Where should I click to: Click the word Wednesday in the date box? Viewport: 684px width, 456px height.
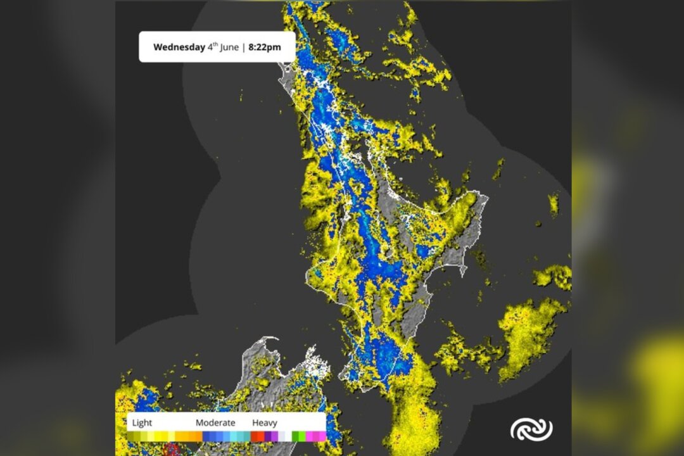pos(179,47)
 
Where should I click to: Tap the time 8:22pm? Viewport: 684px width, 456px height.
pos(265,47)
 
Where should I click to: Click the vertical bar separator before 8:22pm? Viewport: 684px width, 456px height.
pos(243,47)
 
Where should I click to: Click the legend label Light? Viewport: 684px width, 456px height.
pos(142,422)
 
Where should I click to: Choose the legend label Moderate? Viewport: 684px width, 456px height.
pos(215,422)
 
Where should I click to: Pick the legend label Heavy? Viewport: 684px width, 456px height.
pos(265,422)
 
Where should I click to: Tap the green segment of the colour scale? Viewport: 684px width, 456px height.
pos(296,436)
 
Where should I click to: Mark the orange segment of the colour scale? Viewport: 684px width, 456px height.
pos(187,436)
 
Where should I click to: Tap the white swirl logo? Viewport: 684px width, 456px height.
pos(531,429)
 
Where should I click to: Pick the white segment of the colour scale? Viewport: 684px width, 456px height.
pos(285,436)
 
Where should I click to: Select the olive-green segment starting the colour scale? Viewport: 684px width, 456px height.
pos(132,436)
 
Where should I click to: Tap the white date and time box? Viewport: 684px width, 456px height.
pos(217,47)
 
